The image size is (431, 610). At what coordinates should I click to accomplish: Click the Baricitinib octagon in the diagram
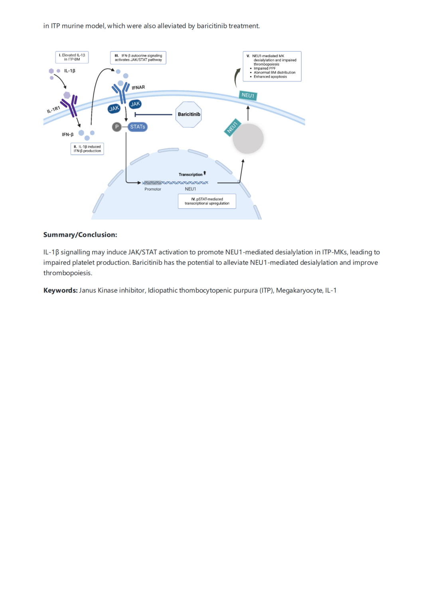189,115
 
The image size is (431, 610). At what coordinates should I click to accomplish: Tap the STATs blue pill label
138,127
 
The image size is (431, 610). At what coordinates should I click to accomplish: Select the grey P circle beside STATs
117,127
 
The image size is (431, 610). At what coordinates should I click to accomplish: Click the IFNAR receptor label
138,87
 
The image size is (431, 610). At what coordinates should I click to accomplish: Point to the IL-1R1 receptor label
53,109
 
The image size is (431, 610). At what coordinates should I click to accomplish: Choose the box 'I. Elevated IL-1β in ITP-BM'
72,57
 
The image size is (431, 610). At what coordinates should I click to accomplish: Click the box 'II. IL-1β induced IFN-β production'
87,149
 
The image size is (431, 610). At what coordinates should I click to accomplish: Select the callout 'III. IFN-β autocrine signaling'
138,58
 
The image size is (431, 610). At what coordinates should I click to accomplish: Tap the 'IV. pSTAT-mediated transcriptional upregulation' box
207,201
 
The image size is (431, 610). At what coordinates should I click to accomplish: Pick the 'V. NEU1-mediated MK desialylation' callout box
272,66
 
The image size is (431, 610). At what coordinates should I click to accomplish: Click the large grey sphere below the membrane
248,139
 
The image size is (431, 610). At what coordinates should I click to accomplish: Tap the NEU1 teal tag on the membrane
248,95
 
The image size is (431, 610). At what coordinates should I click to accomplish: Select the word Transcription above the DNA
190,174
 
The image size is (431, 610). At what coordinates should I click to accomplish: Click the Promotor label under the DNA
153,189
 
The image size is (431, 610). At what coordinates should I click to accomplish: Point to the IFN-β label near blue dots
67,135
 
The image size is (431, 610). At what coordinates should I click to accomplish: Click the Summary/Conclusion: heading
80,235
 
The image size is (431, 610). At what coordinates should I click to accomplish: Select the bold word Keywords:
60,290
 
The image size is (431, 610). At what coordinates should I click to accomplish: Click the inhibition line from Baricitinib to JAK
154,115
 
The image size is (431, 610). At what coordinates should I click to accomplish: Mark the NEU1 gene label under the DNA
190,189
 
